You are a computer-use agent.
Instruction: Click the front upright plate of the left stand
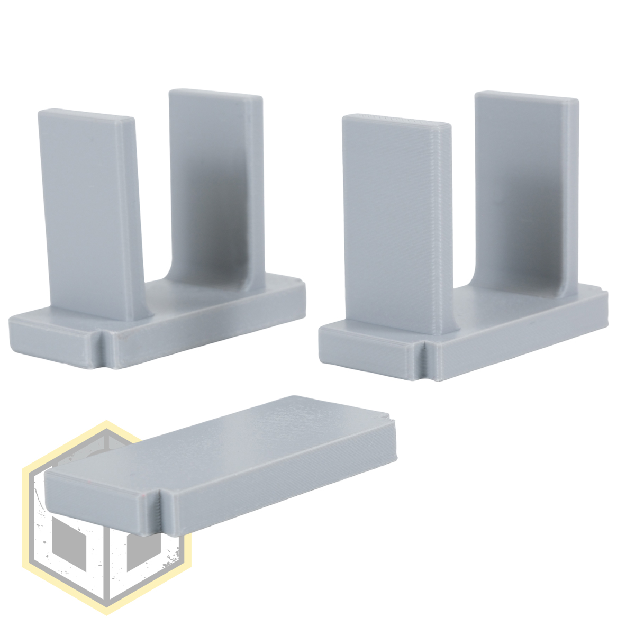[93, 212]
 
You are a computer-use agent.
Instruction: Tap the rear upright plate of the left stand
[212, 180]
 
